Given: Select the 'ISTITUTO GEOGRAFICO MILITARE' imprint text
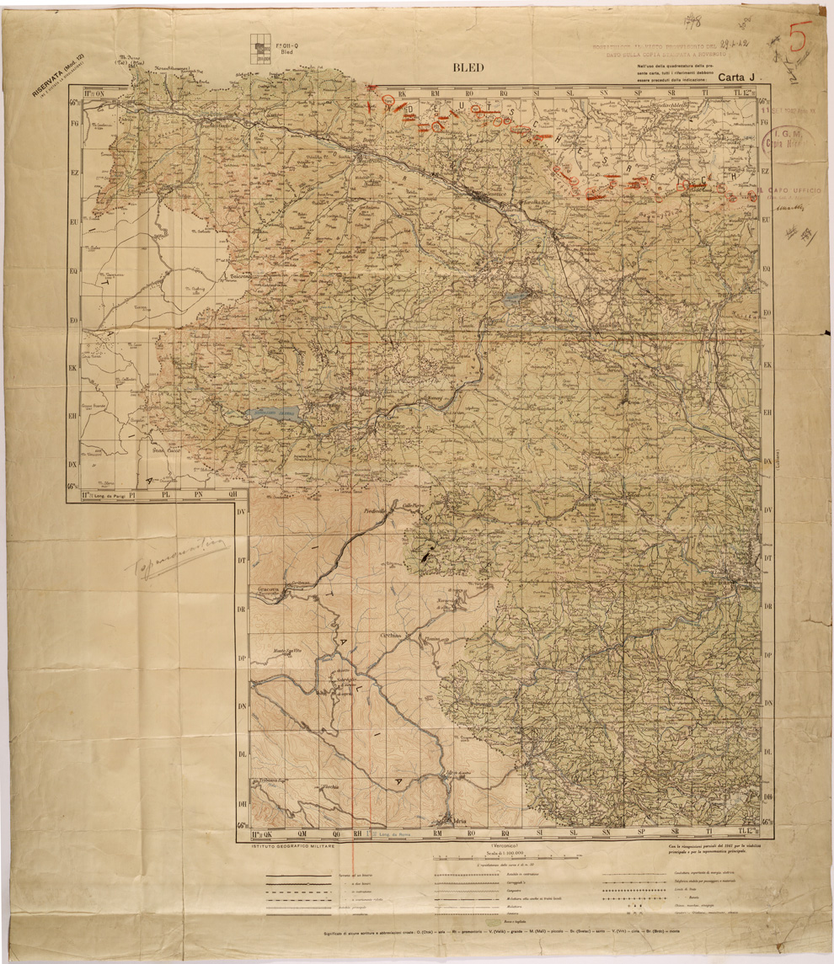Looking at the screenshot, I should [286, 846].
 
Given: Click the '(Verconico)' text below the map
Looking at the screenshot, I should [503, 845].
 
